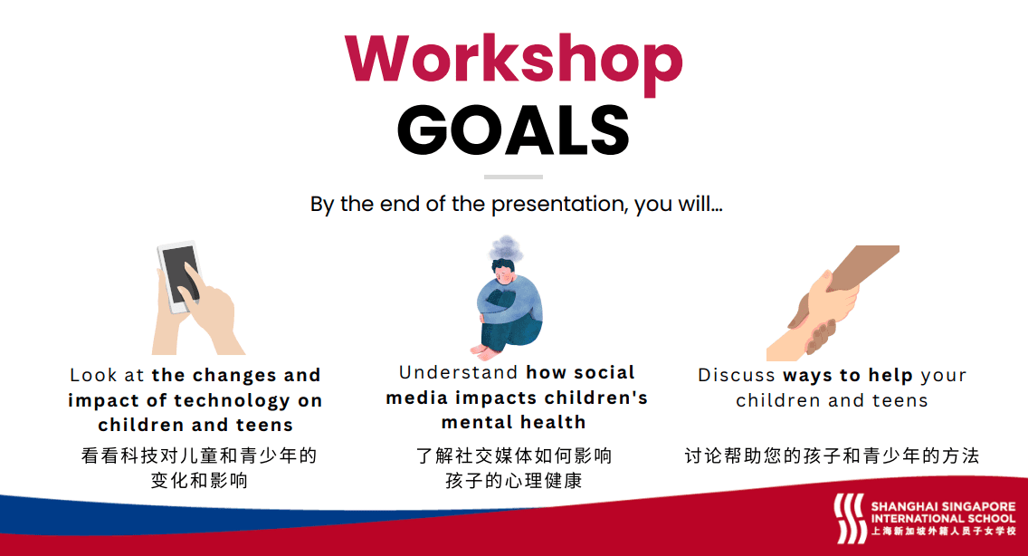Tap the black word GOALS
(513, 129)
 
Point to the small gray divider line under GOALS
(513, 177)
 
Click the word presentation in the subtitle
(560, 204)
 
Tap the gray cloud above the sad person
(506, 247)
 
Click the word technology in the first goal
(232, 400)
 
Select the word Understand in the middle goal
(459, 372)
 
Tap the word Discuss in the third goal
(737, 375)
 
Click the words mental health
(513, 422)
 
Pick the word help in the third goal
(890, 376)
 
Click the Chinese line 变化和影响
(199, 481)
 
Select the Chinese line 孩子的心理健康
(513, 481)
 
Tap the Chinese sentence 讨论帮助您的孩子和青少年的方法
(832, 455)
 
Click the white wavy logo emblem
(850, 519)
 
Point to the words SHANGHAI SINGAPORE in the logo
(943, 506)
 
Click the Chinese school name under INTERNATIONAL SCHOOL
(943, 531)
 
